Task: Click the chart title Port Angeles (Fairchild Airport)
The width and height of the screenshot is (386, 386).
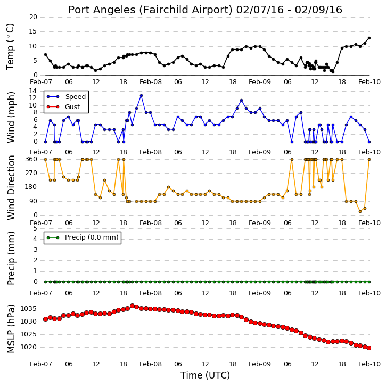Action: coord(151,10)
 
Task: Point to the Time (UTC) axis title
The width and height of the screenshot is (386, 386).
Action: coord(205,375)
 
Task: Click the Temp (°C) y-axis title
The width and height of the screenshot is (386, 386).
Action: coord(10,47)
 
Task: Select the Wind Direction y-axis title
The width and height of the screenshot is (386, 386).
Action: coord(11,187)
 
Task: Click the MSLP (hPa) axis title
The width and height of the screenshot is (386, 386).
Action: coord(11,328)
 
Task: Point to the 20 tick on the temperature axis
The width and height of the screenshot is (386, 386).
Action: coord(33,17)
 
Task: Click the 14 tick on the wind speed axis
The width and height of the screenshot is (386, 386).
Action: coord(33,91)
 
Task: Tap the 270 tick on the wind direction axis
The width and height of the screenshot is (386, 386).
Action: coord(31,173)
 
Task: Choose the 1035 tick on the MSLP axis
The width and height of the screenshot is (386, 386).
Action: coord(29,309)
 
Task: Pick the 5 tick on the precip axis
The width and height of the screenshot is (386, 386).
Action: coord(35,228)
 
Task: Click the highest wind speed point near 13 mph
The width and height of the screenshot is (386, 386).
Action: coord(141,95)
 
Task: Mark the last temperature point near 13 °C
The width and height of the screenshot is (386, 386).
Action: coord(369,38)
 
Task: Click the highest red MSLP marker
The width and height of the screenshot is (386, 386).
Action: coord(132,306)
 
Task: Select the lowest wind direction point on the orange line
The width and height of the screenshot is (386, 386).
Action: coord(360,211)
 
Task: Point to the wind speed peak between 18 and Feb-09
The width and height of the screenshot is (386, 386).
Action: coord(241,101)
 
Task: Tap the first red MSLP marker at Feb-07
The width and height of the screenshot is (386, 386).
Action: coord(45,319)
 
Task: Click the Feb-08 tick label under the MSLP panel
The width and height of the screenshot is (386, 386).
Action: coord(151,364)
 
